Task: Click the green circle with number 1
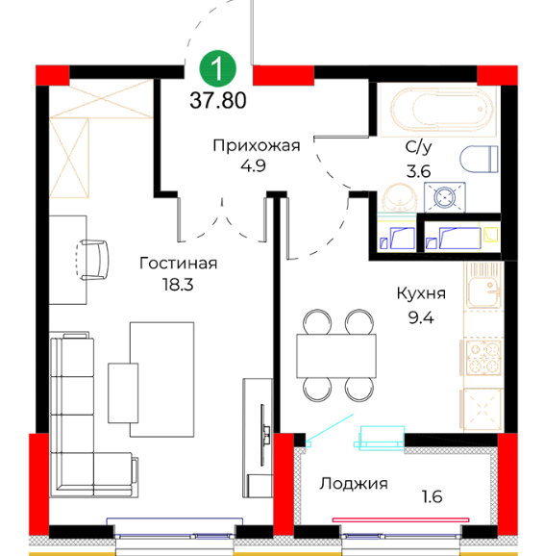(x=217, y=68)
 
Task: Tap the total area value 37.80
(x=218, y=100)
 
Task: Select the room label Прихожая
(x=257, y=146)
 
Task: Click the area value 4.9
(x=253, y=165)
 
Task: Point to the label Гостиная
(x=178, y=264)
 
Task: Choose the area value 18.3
(x=178, y=285)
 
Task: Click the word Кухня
(x=421, y=294)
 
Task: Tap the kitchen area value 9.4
(x=421, y=317)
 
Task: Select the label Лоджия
(x=354, y=484)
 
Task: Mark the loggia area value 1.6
(x=432, y=496)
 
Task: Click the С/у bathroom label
(x=418, y=147)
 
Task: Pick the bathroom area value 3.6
(x=418, y=171)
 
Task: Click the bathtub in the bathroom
(x=438, y=110)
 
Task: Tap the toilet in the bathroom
(x=479, y=159)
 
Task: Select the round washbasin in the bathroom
(x=400, y=198)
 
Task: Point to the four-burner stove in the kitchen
(x=483, y=358)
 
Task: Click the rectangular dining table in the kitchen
(x=336, y=356)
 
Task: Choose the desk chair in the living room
(x=93, y=260)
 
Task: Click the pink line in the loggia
(x=401, y=519)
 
